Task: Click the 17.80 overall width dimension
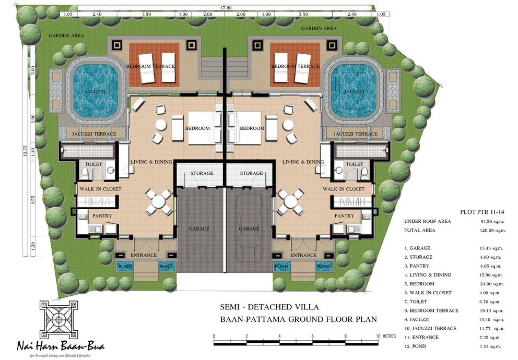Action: coord(226,8)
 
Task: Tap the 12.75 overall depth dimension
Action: coord(26,151)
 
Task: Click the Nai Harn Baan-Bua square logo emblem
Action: coord(59,319)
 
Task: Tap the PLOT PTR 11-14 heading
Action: coord(482,212)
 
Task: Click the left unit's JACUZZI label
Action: coord(95,91)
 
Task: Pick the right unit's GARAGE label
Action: coord(249,229)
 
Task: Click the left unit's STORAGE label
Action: coord(202,173)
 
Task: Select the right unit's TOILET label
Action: coord(355,164)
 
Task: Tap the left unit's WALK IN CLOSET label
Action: coord(100,189)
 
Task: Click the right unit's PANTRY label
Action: coord(344,215)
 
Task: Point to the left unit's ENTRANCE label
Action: coord(144,255)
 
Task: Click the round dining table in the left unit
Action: coord(158,201)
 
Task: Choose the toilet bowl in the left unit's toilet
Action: coord(85,173)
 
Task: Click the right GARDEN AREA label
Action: coord(319,28)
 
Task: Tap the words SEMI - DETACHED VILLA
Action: coord(269,307)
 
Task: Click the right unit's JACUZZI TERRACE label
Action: coord(356,134)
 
